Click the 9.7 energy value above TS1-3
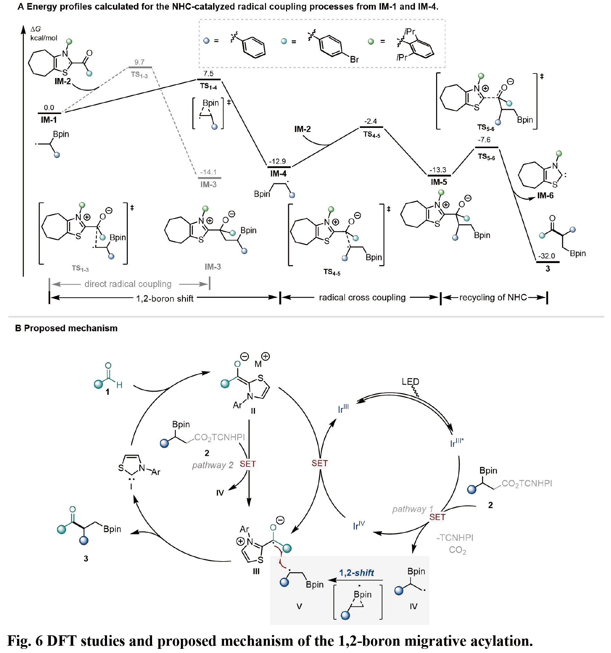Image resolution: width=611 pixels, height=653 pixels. click(x=139, y=62)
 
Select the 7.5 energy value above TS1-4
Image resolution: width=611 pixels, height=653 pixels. click(x=208, y=74)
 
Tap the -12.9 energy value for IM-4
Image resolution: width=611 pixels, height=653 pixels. click(x=278, y=162)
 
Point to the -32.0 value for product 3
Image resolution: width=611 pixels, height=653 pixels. click(x=546, y=256)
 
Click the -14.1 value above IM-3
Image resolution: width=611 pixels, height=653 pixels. click(x=209, y=172)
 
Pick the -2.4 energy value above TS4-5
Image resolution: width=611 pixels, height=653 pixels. click(x=370, y=121)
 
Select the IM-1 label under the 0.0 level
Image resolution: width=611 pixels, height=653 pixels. click(x=49, y=120)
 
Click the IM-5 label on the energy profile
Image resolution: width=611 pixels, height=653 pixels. click(x=439, y=182)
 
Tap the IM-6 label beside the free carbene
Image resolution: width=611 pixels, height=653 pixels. click(x=545, y=195)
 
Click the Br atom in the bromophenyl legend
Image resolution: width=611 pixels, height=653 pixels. click(x=354, y=60)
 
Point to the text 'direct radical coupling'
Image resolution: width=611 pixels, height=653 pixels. click(x=128, y=284)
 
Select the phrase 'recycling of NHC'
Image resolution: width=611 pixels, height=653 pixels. click(x=493, y=297)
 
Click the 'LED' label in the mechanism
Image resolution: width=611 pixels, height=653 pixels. click(x=410, y=382)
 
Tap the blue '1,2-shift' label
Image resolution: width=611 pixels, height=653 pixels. click(x=356, y=573)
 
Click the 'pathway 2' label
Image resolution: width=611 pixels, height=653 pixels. click(x=213, y=465)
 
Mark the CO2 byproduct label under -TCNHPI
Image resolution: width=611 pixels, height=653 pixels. click(x=457, y=550)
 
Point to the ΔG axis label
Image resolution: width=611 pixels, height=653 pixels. click(x=36, y=29)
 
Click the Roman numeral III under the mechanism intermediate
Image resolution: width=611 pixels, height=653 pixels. click(x=256, y=572)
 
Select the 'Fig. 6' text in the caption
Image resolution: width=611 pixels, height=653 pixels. click(x=25, y=641)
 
